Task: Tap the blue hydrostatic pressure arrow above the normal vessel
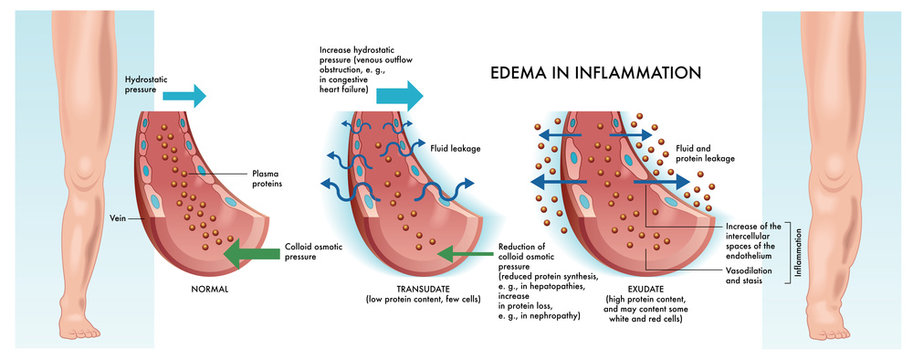pos(182,96)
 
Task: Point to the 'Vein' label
pos(118,213)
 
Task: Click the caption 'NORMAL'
pos(210,289)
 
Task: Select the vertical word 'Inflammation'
pos(798,251)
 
